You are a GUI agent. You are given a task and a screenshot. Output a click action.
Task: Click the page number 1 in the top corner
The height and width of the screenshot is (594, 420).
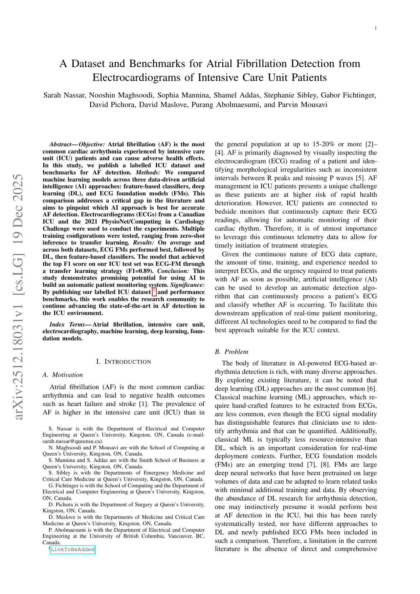click(x=376, y=28)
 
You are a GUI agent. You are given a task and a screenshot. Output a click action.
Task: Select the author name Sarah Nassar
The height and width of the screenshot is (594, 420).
click(x=64, y=95)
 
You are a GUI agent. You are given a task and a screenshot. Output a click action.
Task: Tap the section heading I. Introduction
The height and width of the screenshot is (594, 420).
click(x=124, y=362)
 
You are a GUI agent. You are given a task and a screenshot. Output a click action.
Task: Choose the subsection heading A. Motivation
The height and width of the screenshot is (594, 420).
click(x=63, y=375)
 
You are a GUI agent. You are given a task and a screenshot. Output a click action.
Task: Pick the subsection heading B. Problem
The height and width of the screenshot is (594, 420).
click(x=231, y=352)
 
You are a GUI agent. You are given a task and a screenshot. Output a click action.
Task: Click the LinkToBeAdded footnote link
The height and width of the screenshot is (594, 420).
click(x=72, y=550)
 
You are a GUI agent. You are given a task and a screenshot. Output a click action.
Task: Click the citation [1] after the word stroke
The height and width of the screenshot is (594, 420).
click(x=145, y=404)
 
